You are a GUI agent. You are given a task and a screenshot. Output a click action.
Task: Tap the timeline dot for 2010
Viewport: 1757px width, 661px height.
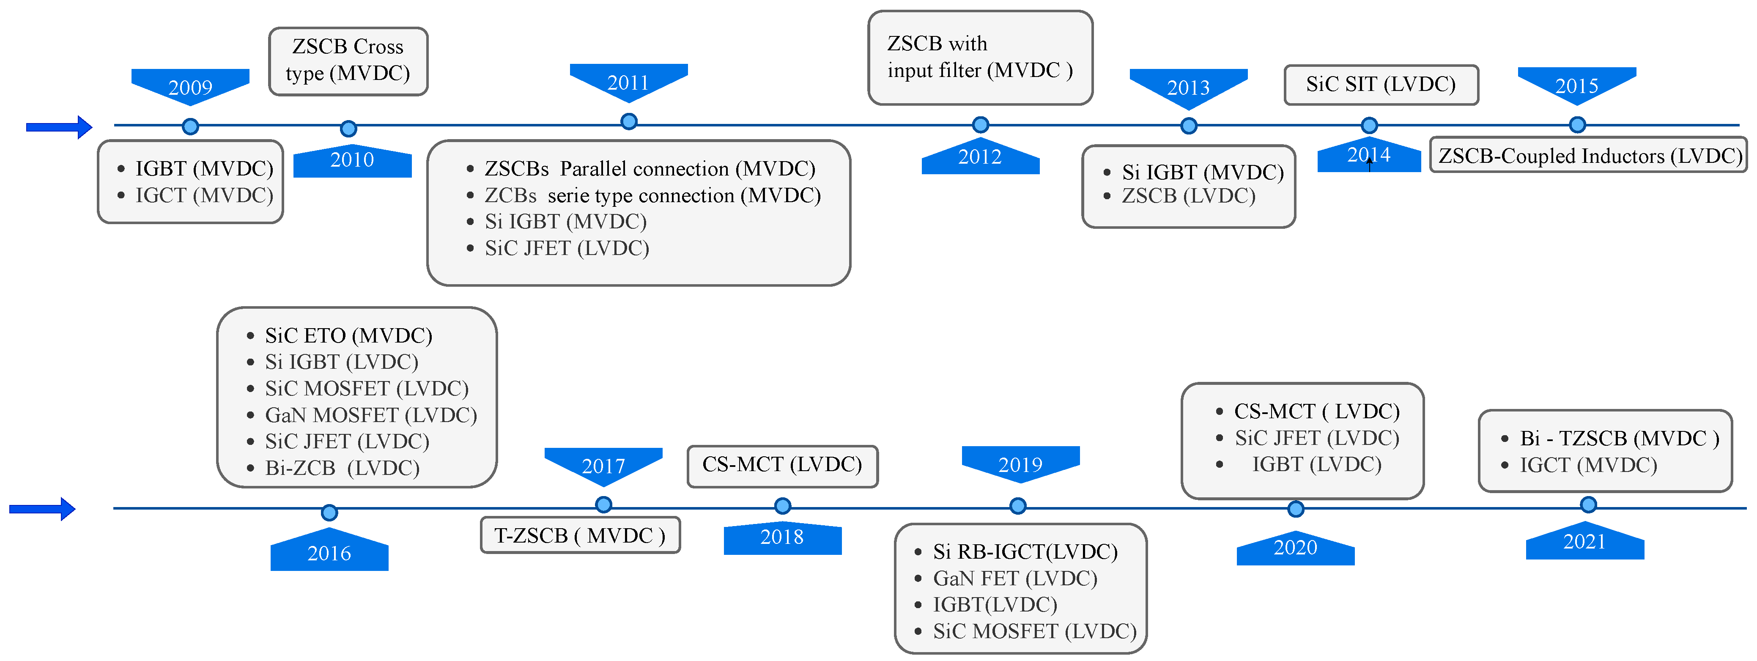tap(348, 128)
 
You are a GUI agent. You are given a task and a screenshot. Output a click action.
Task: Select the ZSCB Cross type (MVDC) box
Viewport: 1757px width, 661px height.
tap(348, 61)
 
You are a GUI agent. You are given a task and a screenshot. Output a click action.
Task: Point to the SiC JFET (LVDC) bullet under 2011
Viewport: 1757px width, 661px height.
tap(566, 248)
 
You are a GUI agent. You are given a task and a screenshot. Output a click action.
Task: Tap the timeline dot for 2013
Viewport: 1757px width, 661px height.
tap(1188, 126)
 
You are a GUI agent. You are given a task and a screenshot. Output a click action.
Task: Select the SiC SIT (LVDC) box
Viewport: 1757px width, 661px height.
tap(1381, 85)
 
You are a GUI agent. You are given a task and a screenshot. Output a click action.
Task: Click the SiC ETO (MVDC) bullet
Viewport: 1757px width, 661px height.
tap(348, 336)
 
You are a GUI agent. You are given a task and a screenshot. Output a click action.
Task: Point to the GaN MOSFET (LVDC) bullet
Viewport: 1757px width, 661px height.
tap(370, 415)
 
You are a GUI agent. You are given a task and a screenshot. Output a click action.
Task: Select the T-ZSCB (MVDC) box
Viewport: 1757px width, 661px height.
tap(580, 535)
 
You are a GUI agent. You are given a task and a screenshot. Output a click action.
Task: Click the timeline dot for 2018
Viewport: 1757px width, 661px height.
tap(782, 505)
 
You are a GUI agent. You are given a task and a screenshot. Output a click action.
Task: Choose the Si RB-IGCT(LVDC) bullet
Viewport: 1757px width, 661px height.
tap(1025, 551)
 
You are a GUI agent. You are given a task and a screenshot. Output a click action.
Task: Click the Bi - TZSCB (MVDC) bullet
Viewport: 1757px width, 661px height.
tap(1619, 439)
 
